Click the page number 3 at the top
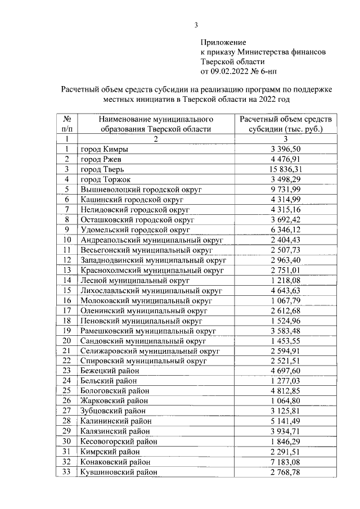(196, 24)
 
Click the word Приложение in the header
(223, 42)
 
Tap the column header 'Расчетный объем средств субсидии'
(285, 124)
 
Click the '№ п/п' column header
(66, 124)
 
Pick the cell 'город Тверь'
(98, 169)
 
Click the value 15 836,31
(286, 169)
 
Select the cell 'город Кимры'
(104, 149)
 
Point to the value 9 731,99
(286, 190)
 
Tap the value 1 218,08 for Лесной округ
(286, 280)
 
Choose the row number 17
(66, 310)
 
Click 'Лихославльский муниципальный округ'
(151, 290)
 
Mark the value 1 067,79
(286, 300)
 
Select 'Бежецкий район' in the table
(110, 371)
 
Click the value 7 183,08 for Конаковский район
(286, 462)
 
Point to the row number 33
(66, 472)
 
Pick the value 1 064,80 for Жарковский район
(286, 401)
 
